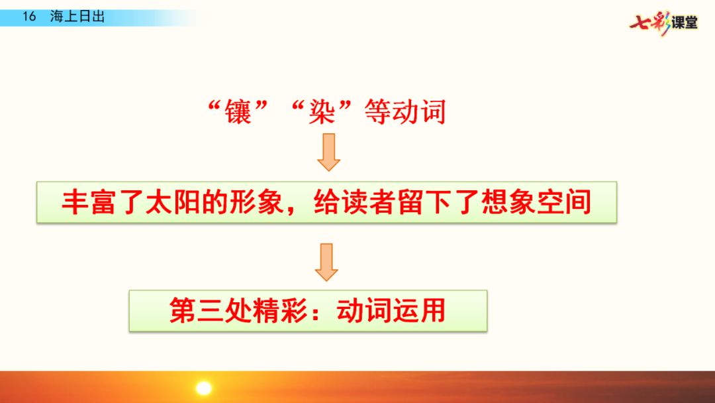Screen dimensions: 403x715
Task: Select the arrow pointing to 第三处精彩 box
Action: tap(326, 262)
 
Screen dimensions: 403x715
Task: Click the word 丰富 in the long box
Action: tap(89, 201)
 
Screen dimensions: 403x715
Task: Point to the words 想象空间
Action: tap(537, 201)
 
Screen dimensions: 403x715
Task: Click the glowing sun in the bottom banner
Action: tap(203, 387)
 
